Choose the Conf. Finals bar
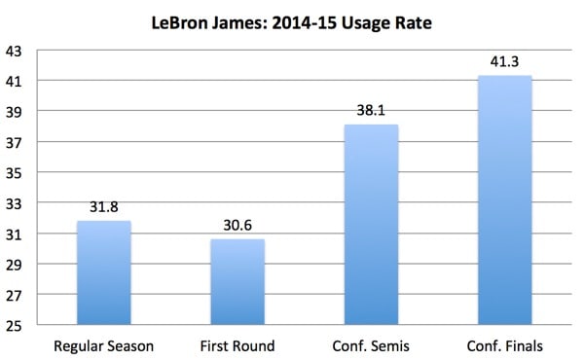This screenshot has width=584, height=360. coord(505,199)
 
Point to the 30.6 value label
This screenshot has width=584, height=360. coord(238,227)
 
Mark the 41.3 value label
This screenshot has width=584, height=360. coord(505,63)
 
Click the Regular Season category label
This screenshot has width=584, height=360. coord(103,344)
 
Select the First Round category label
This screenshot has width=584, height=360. coord(238,344)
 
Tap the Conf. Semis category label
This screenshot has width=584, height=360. coord(371,344)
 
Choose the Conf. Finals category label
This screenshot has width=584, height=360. coord(505,344)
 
